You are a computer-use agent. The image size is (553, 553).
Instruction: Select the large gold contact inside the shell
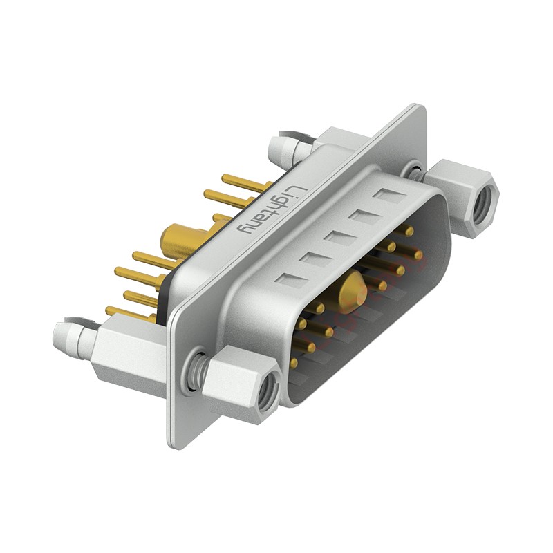click(x=353, y=289)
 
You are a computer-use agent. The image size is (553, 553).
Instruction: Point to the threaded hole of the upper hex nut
click(x=485, y=201)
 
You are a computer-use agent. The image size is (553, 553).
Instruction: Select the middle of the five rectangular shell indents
click(x=339, y=238)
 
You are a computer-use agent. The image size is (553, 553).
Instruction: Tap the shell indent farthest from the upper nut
click(x=290, y=281)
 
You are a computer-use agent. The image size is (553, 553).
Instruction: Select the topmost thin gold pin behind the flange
click(x=245, y=183)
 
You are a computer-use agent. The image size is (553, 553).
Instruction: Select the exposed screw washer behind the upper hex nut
click(x=415, y=169)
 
